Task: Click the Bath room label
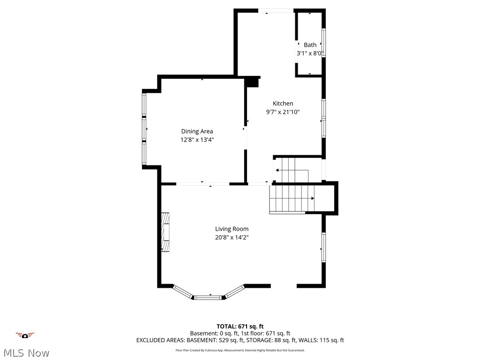310,45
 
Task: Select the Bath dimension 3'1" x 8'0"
310,53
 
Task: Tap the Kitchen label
283,104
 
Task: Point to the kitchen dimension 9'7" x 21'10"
283,112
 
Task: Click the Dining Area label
197,131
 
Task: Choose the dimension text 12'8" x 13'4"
197,140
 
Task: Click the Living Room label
232,229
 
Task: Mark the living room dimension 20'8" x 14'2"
232,237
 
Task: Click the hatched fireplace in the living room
165,232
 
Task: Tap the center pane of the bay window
210,297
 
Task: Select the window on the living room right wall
323,247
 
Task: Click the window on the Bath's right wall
323,43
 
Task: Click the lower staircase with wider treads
291,198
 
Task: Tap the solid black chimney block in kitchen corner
253,82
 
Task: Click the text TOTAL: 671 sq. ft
240,326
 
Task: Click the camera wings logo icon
25,335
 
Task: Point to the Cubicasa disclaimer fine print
240,350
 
